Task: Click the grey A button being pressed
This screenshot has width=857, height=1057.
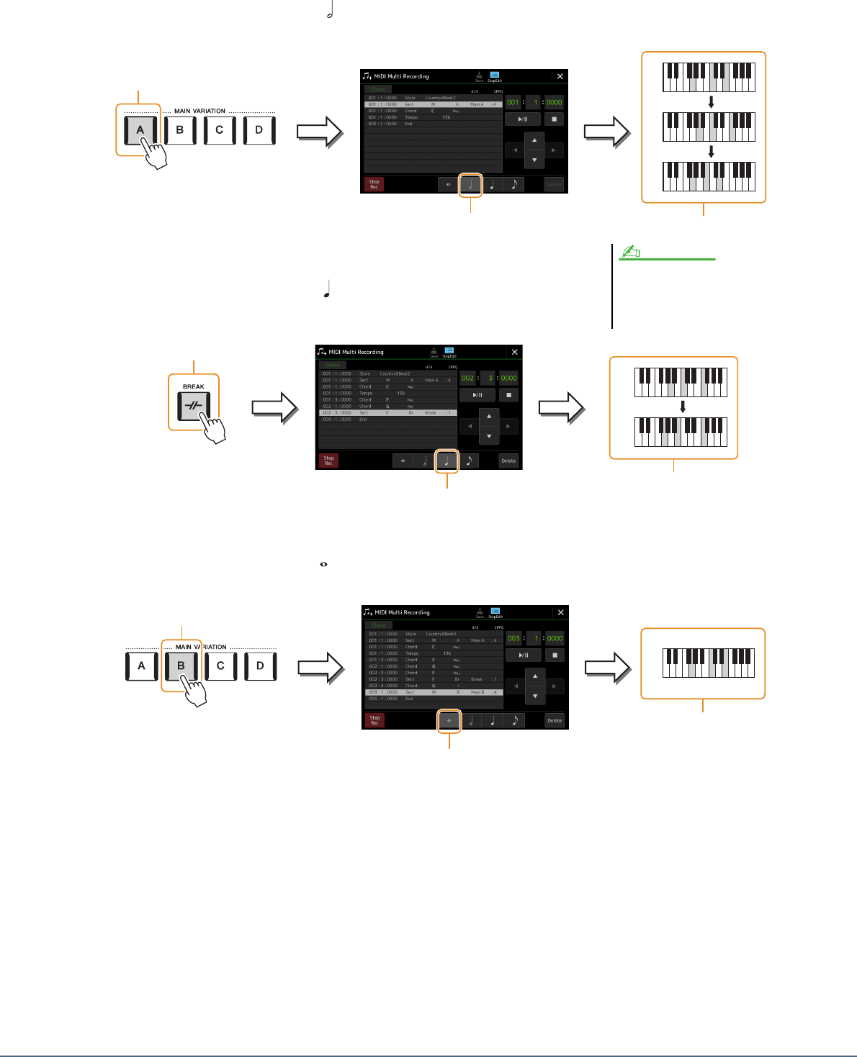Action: (x=140, y=130)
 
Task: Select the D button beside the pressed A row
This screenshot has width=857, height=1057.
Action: (x=259, y=130)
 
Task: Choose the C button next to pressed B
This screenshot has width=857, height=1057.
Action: (x=220, y=666)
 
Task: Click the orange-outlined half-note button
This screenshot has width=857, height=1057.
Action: (x=470, y=185)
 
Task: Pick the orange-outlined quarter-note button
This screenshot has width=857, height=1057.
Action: (x=447, y=461)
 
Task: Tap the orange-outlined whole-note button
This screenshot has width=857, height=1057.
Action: (x=449, y=720)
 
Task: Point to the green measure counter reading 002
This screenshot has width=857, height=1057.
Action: (x=468, y=378)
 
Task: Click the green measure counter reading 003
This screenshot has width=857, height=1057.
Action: (x=513, y=638)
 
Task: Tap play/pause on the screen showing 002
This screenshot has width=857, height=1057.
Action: (x=477, y=395)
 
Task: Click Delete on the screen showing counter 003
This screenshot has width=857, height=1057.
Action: (x=555, y=720)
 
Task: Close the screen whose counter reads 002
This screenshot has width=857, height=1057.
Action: (x=514, y=352)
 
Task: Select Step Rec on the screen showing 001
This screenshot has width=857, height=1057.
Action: (x=374, y=184)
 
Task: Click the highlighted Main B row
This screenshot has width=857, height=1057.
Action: (x=433, y=692)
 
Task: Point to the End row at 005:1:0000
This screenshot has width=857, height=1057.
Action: (x=433, y=699)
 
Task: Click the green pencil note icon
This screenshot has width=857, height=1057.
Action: (x=630, y=251)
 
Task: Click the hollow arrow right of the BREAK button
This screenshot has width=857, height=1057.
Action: (x=274, y=407)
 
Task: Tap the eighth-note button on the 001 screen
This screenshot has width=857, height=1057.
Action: (x=514, y=185)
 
